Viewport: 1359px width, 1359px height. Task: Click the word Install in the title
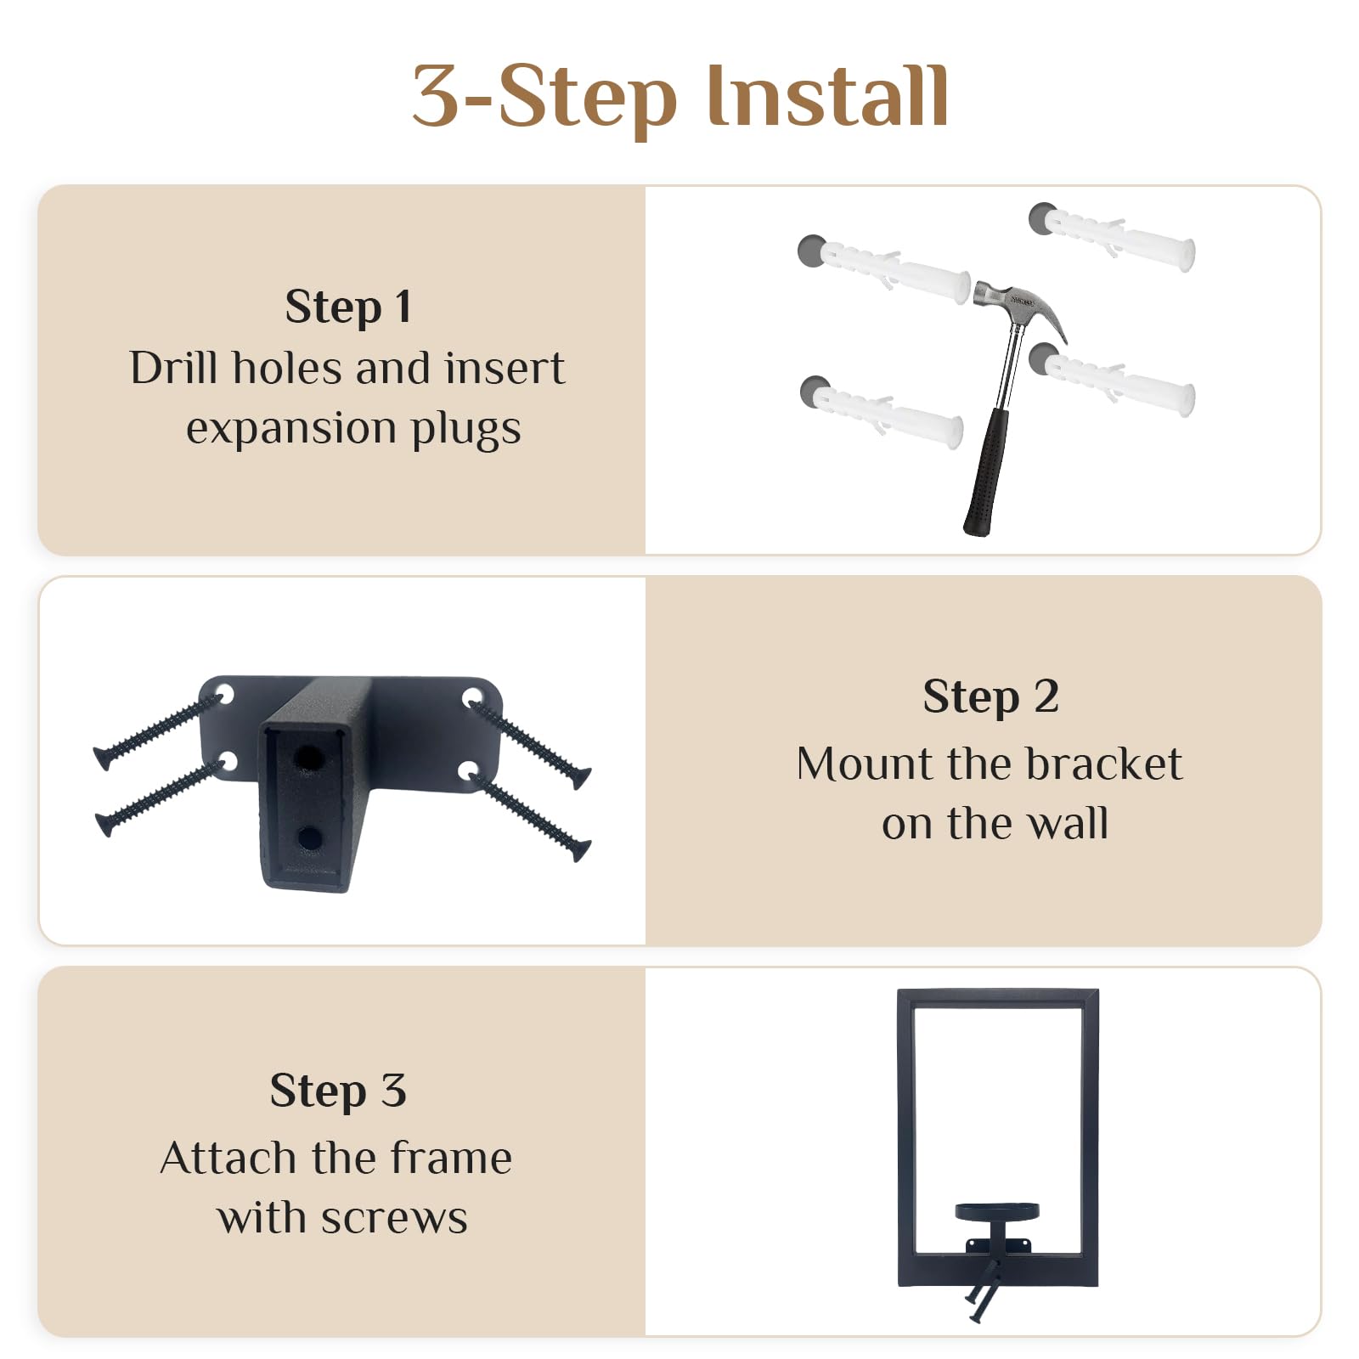tap(827, 96)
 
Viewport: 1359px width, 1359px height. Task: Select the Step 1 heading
tap(348, 307)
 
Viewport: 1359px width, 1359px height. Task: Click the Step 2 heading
tap(990, 696)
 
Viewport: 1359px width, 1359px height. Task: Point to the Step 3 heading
tap(338, 1090)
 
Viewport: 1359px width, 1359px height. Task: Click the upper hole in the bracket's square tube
tap(309, 758)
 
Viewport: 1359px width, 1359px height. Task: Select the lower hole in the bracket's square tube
tap(309, 839)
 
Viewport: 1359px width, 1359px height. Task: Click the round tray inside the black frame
tap(997, 1211)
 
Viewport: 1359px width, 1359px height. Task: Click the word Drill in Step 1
tap(176, 368)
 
